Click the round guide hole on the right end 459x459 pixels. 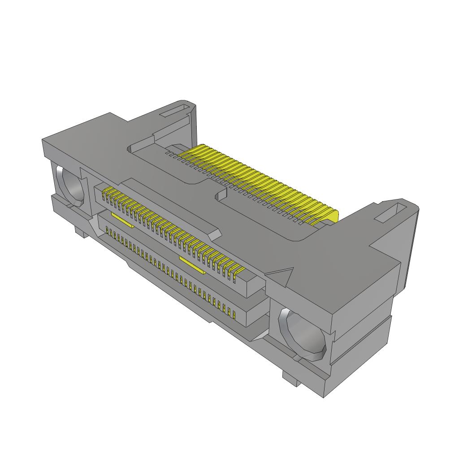(x=302, y=334)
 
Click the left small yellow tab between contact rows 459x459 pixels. (x=122, y=220)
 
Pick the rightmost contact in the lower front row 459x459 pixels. (x=234, y=314)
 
